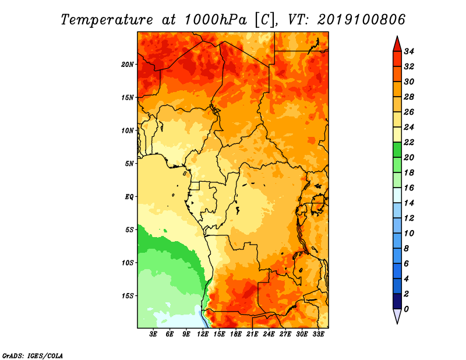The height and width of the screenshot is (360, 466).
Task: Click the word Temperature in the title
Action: point(107,20)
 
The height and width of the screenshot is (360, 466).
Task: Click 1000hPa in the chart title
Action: point(216,20)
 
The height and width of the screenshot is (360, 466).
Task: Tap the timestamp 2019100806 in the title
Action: point(361,20)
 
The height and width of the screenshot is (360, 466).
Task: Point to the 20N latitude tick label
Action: point(128,64)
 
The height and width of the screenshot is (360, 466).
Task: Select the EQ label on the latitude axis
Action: point(129,197)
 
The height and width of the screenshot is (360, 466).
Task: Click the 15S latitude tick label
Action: point(128,296)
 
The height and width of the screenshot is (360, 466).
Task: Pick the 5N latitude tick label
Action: point(129,164)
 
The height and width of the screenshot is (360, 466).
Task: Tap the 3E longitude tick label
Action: point(153,334)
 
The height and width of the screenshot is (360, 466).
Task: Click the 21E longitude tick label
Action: point(252,334)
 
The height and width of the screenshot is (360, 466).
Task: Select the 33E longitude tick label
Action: point(318,334)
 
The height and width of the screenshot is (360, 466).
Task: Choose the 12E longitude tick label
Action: point(203,334)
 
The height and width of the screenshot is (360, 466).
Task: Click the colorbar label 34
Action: point(409,51)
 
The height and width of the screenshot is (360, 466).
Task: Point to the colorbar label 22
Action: point(409,142)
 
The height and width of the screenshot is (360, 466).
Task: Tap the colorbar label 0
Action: point(406,309)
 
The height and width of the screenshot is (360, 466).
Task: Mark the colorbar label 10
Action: point(409,234)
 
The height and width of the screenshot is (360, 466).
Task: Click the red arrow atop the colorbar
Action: point(397,44)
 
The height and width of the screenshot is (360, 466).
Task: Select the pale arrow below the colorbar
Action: point(397,316)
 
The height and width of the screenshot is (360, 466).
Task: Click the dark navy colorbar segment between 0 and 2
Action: point(397,301)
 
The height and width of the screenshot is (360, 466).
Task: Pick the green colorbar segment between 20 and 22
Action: point(397,150)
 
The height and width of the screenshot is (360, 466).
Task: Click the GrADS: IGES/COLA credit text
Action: point(33,355)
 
